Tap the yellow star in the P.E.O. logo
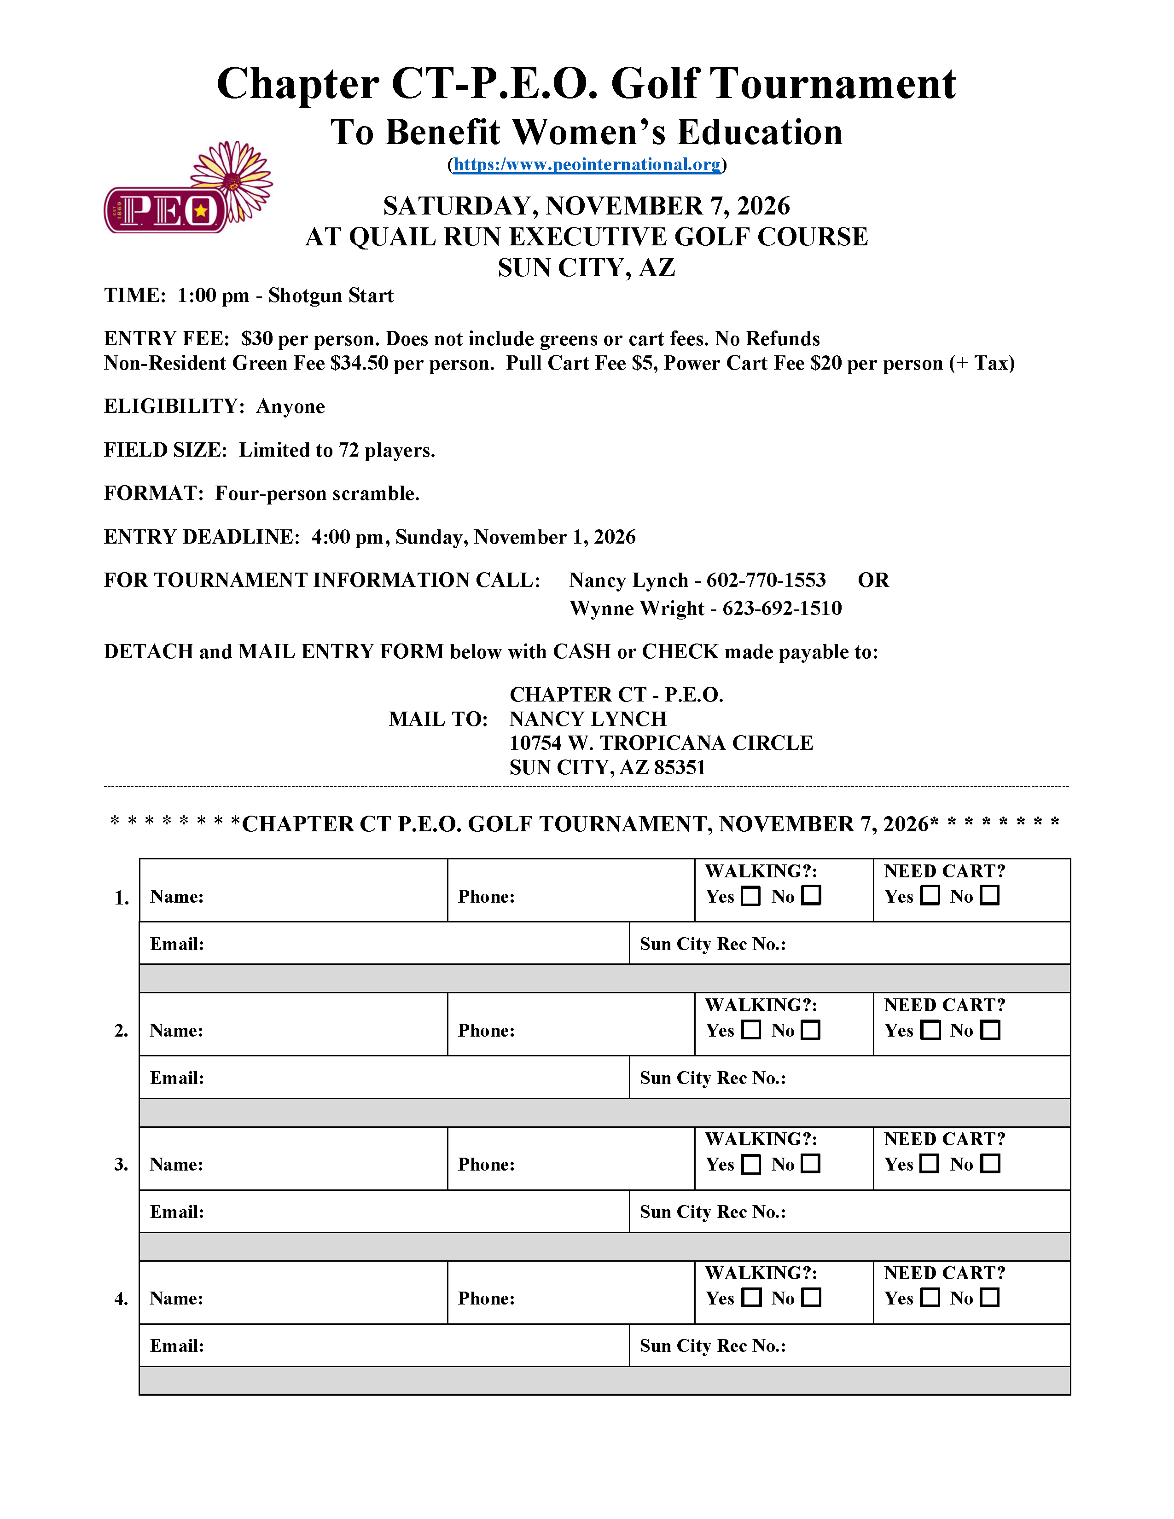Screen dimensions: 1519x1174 click(x=201, y=210)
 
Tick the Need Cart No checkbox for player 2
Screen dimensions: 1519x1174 click(x=990, y=1030)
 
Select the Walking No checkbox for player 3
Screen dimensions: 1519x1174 click(x=811, y=1164)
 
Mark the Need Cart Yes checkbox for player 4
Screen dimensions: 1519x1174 click(x=930, y=1298)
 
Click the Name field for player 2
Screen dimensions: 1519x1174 click(x=320, y=1030)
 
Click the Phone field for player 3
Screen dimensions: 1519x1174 click(x=598, y=1164)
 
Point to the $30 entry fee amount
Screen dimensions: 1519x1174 click(x=256, y=339)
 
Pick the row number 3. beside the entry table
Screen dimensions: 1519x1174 click(x=121, y=1164)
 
